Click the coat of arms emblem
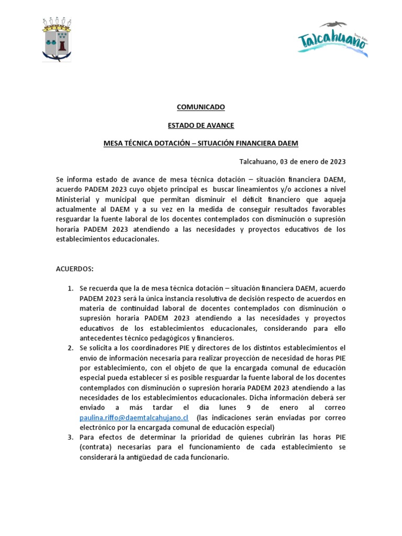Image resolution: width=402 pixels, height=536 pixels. [x=57, y=39]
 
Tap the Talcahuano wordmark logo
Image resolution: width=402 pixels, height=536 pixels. [x=333, y=40]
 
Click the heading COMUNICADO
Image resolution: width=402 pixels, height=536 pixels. [x=200, y=107]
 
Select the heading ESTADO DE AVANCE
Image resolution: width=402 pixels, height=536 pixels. [x=200, y=126]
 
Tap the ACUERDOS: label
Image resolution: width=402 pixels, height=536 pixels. [x=74, y=269]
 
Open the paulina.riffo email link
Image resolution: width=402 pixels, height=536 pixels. [x=133, y=418]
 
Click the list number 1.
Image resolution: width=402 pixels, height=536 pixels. [x=71, y=289]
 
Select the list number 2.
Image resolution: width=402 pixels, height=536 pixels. [x=71, y=348]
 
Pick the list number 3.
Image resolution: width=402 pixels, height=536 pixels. [x=71, y=437]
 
